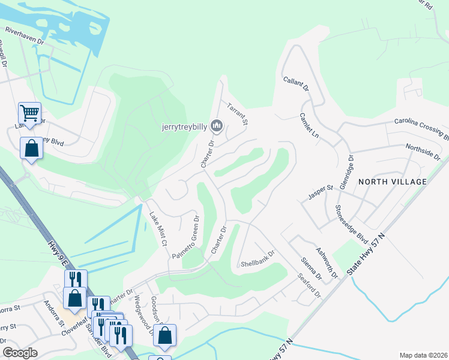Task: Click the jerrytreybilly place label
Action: click(184, 127)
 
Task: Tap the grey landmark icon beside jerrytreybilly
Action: click(217, 126)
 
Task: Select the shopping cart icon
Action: click(29, 112)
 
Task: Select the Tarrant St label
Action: click(238, 113)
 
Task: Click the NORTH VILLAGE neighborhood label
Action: click(392, 181)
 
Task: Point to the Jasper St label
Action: click(321, 190)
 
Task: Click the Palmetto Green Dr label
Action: click(185, 237)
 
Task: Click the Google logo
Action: click(20, 352)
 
